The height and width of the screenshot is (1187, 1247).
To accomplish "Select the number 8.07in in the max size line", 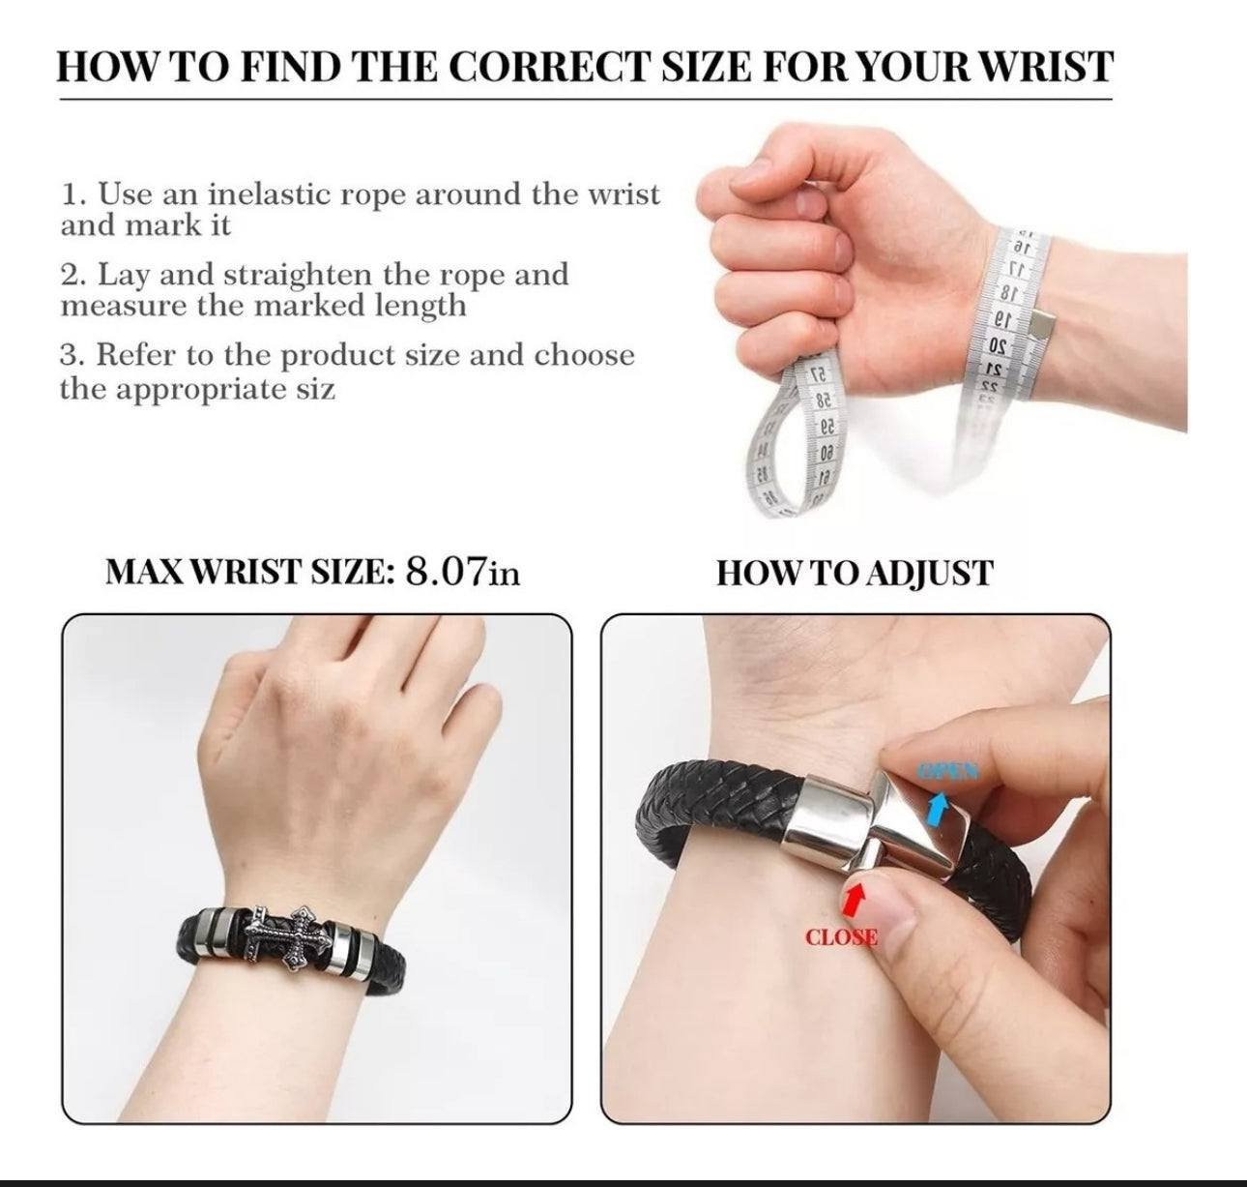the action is [x=462, y=572].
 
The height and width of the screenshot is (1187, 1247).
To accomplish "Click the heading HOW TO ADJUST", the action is [x=855, y=574].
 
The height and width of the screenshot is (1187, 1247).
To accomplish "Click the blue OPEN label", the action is [x=949, y=772].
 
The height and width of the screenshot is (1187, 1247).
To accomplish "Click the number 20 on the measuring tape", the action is [x=998, y=346].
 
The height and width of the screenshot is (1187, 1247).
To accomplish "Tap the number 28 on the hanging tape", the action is [x=823, y=401].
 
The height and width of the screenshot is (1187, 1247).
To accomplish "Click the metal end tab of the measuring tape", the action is [x=1041, y=326].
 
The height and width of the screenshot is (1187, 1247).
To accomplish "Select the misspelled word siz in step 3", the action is [x=314, y=388].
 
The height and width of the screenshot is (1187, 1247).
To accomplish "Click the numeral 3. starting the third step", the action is [x=72, y=355].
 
